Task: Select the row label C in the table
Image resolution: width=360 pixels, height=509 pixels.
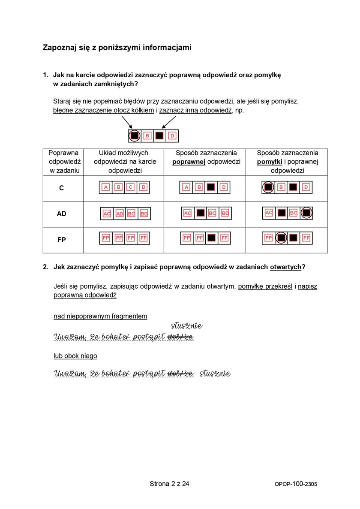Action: point(61,188)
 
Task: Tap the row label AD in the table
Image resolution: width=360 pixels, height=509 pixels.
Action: point(61,214)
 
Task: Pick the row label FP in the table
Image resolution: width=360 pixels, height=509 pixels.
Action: point(61,240)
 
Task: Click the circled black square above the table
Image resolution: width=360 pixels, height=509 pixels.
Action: point(135,136)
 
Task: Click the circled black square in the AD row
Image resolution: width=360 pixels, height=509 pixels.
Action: point(306,213)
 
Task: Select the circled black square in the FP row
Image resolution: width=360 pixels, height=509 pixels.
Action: point(281,238)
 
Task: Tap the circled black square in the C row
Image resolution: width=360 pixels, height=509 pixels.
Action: point(268,187)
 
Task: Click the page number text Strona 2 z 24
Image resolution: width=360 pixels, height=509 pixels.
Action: point(169,484)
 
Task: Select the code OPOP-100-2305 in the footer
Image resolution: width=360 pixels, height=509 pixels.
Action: point(296,484)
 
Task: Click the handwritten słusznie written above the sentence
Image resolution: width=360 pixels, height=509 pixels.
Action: point(186,326)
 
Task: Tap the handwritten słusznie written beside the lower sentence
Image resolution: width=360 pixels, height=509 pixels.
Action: point(215,373)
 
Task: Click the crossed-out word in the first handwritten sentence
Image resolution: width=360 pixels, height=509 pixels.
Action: point(180,337)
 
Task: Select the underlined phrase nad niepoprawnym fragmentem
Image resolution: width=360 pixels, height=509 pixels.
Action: point(100,316)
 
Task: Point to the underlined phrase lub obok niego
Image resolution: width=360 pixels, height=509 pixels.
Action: point(75,356)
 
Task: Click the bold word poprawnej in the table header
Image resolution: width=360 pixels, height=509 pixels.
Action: point(189,162)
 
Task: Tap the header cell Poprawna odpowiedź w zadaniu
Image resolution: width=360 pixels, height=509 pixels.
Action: point(63,162)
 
